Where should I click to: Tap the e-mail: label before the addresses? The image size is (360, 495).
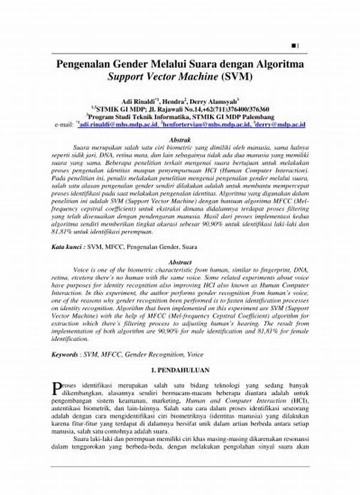(63, 124)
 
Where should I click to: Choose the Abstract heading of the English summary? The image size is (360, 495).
(181, 262)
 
